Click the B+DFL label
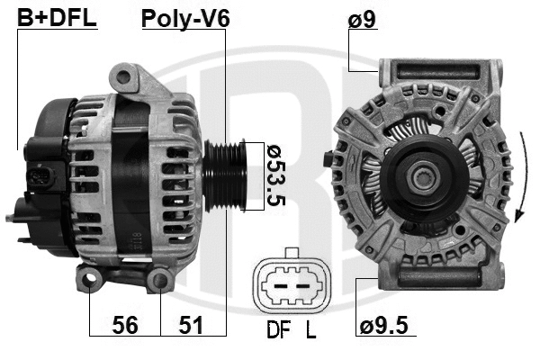pos(57,18)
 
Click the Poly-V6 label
pos(185,18)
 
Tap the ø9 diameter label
pos(362,18)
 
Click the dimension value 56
pos(126,326)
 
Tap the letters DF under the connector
pos(275,330)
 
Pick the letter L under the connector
pos(310,330)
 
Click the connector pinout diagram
pos(290,283)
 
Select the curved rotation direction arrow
pos(521,175)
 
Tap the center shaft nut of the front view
pos(422,176)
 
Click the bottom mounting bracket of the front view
pos(438,271)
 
